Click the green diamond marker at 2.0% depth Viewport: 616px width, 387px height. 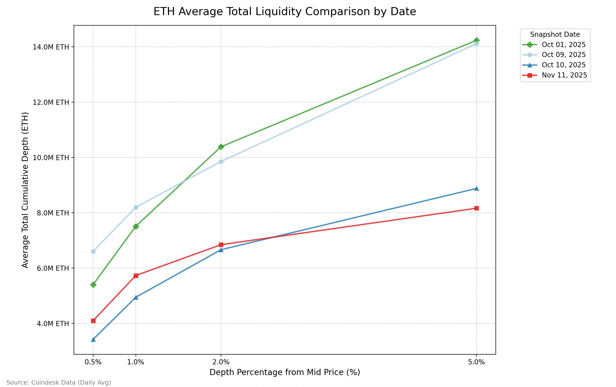point(221,147)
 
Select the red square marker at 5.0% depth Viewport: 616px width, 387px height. point(476,208)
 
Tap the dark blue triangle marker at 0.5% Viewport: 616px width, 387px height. point(93,339)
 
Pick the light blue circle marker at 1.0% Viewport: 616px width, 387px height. point(136,207)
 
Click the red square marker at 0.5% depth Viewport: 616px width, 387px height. point(93,320)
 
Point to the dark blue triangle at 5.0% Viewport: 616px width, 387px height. point(476,189)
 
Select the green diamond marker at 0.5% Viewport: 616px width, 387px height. point(93,284)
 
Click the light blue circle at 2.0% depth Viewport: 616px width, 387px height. point(221,162)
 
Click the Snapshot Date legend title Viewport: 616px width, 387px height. point(555,35)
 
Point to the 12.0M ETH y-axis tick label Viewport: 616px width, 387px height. point(51,103)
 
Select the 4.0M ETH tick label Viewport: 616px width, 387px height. point(53,324)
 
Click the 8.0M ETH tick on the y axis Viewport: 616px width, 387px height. point(53,213)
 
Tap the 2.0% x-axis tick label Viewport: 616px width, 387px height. point(221,362)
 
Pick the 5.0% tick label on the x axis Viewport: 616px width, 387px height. point(476,362)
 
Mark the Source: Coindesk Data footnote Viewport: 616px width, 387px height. point(59,383)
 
